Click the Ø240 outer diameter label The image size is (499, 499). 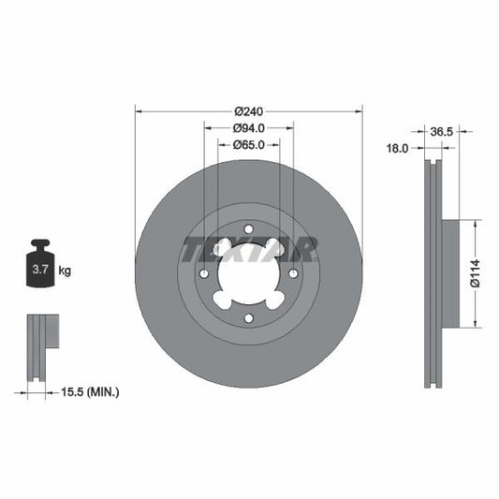248,110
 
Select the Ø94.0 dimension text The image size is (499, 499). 249,127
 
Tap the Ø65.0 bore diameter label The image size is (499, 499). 249,144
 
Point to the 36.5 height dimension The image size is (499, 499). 441,132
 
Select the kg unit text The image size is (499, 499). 65,272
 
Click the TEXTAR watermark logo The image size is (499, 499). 248,249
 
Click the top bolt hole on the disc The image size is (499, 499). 248,228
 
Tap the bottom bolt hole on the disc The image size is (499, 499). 248,318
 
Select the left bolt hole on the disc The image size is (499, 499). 203,273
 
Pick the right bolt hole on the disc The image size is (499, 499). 293,273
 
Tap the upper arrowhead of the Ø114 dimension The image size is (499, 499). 476,225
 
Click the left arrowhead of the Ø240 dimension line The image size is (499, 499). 139,110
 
